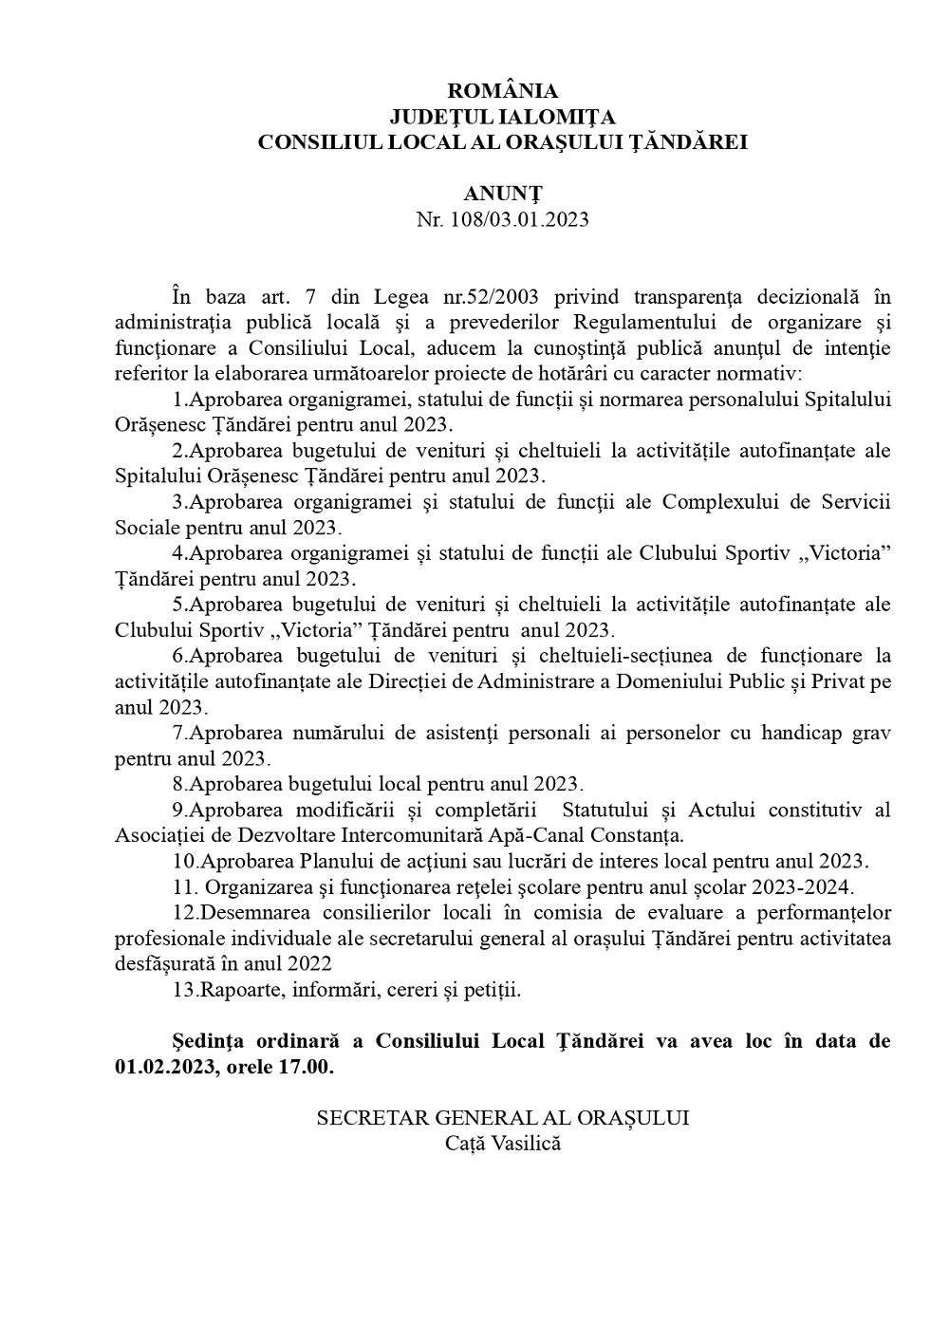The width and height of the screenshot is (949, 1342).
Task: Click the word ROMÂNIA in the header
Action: (x=502, y=91)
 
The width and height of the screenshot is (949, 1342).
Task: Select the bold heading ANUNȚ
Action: (x=502, y=194)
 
